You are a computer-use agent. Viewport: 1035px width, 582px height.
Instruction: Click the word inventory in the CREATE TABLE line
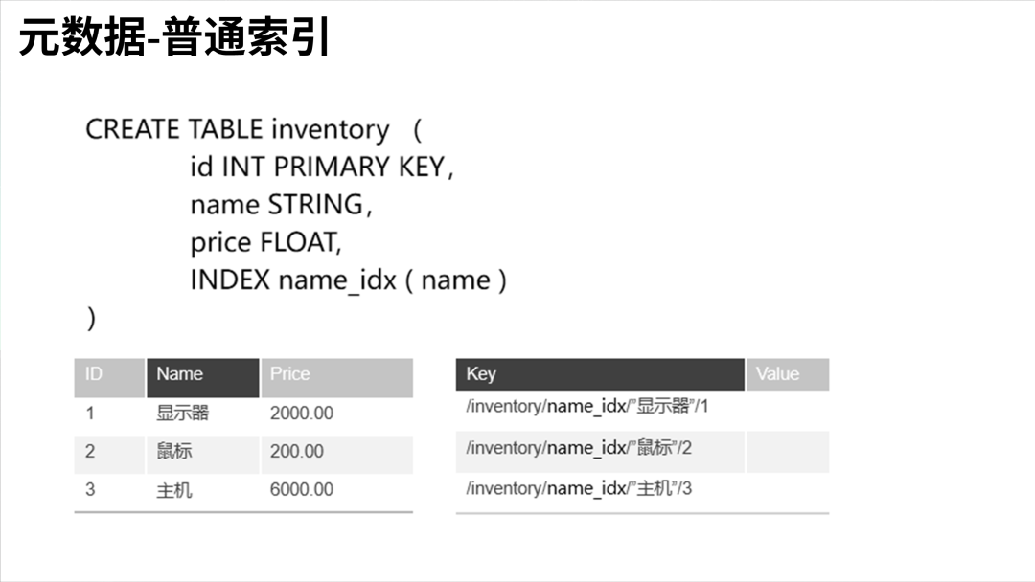tap(330, 129)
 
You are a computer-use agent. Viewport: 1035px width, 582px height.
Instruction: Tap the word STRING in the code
tap(315, 205)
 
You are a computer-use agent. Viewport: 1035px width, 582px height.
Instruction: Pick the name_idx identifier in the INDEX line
tap(336, 281)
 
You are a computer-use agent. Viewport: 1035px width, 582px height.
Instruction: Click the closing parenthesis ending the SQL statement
tap(91, 319)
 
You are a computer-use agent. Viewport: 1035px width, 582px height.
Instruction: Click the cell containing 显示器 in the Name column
tap(183, 414)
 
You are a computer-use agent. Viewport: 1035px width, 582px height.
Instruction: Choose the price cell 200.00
tap(297, 451)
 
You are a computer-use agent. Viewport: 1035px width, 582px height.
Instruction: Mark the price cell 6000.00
tap(302, 489)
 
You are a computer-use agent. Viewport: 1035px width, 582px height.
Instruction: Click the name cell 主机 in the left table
tap(174, 489)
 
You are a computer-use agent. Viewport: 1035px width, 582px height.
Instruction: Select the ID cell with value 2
tap(90, 451)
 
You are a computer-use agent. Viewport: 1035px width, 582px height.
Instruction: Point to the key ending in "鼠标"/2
tap(579, 447)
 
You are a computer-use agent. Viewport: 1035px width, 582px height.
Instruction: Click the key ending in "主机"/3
tap(579, 488)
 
